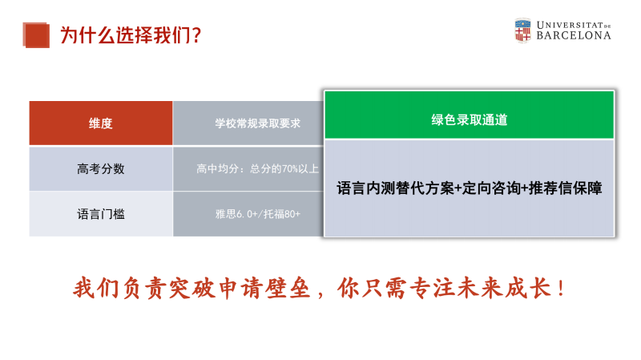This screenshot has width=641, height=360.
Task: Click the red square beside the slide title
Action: coord(36,35)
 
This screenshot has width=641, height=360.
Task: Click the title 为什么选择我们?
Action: coord(131,35)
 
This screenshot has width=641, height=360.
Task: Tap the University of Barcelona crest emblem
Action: coord(522,30)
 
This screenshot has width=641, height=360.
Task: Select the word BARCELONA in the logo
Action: coord(574,35)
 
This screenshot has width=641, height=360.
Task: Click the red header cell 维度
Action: coord(101,123)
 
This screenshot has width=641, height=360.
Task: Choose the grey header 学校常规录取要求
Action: coord(257,123)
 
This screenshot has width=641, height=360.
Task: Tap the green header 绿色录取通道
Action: coord(470,119)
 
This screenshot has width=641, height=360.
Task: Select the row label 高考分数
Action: coord(101,168)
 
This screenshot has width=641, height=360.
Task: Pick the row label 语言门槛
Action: coord(101,214)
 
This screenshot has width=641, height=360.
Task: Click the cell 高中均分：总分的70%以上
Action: coord(257,168)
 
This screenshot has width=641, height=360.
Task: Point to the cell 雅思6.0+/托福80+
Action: coord(257,214)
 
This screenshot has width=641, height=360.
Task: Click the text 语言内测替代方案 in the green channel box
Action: coord(395,188)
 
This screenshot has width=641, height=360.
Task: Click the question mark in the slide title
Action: coord(196,35)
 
